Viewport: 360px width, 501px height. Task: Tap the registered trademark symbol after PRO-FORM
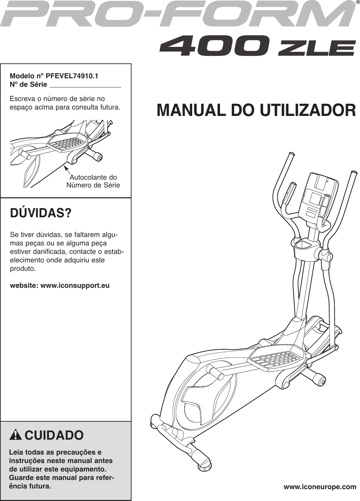click(357, 3)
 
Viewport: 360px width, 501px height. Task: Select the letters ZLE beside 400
click(316, 48)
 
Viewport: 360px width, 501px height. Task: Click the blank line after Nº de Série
click(85, 85)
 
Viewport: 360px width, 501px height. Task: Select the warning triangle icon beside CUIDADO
click(16, 435)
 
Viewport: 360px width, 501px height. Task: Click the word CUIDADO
click(54, 435)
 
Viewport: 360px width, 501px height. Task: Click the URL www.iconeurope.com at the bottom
click(320, 487)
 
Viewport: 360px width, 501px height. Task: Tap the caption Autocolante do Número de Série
click(93, 181)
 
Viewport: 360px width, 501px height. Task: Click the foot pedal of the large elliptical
click(276, 358)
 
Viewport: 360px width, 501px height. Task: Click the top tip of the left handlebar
click(291, 154)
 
